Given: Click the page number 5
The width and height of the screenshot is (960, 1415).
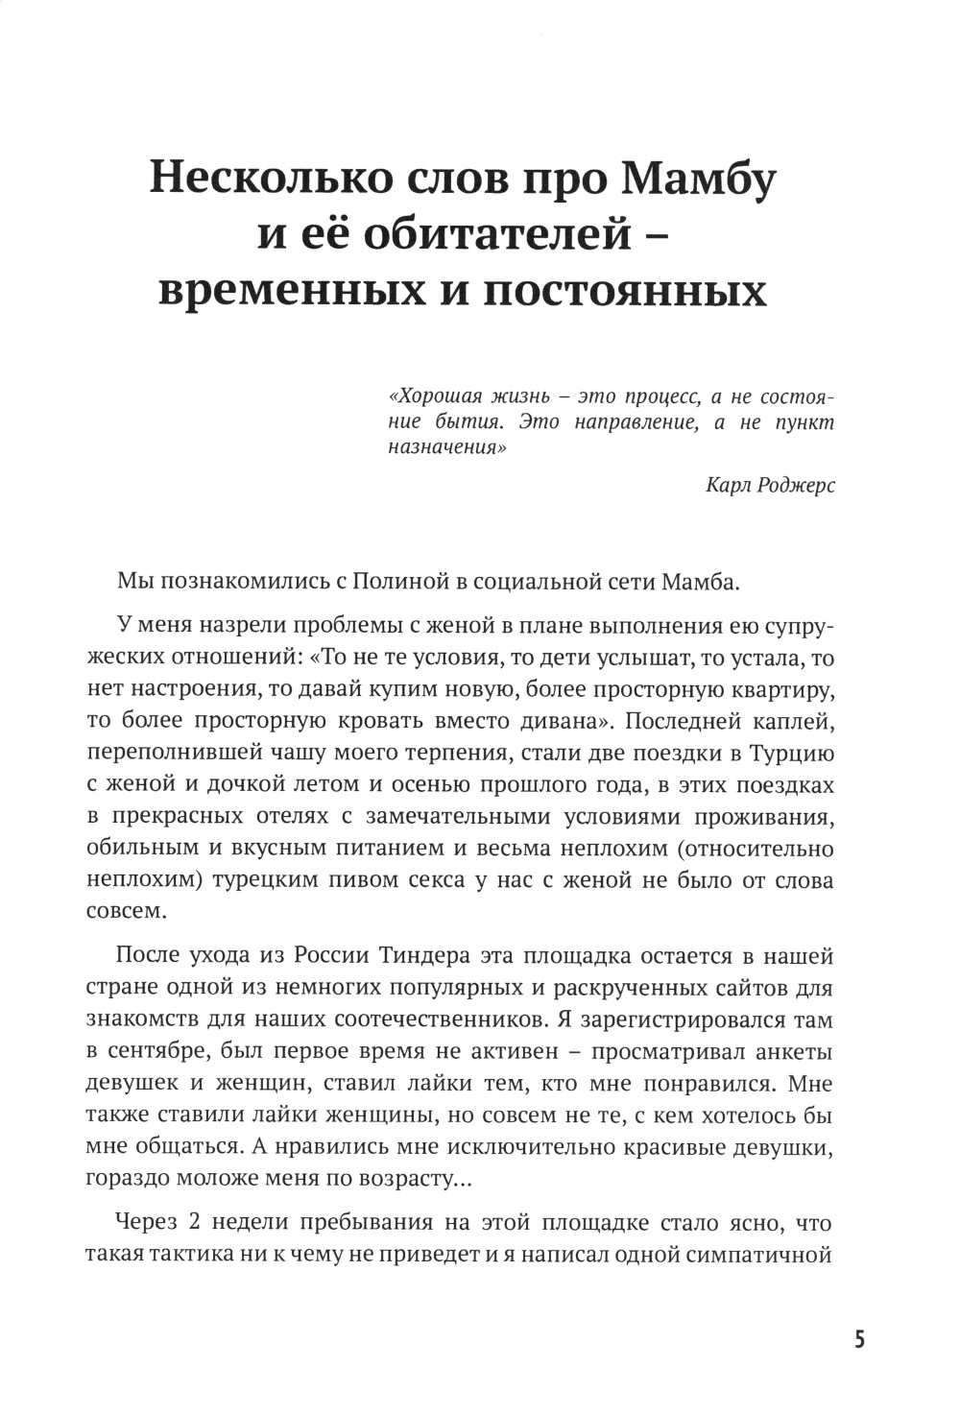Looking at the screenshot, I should click(x=859, y=1338).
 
